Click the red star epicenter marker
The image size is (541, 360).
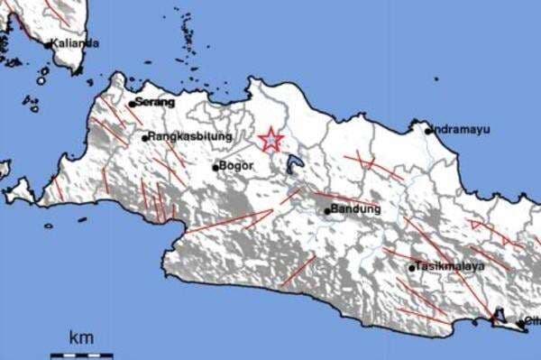coord(270,140)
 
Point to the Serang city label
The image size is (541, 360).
coord(155,102)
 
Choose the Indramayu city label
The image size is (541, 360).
coord(463,129)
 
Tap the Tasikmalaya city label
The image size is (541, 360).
coord(452,266)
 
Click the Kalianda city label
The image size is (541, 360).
coord(76,42)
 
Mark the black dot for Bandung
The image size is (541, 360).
coord(326,211)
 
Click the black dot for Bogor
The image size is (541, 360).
coord(215,167)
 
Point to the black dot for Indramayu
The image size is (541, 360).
coord(429,130)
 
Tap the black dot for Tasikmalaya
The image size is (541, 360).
coord(412,267)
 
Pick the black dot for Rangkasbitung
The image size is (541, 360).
coord(144,138)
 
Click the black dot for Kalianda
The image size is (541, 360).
coord(48,43)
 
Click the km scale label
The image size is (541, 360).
coord(81,337)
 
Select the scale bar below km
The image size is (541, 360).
coord(81,355)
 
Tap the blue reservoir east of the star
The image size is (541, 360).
coord(293,164)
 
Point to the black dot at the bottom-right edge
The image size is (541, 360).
coord(520,322)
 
